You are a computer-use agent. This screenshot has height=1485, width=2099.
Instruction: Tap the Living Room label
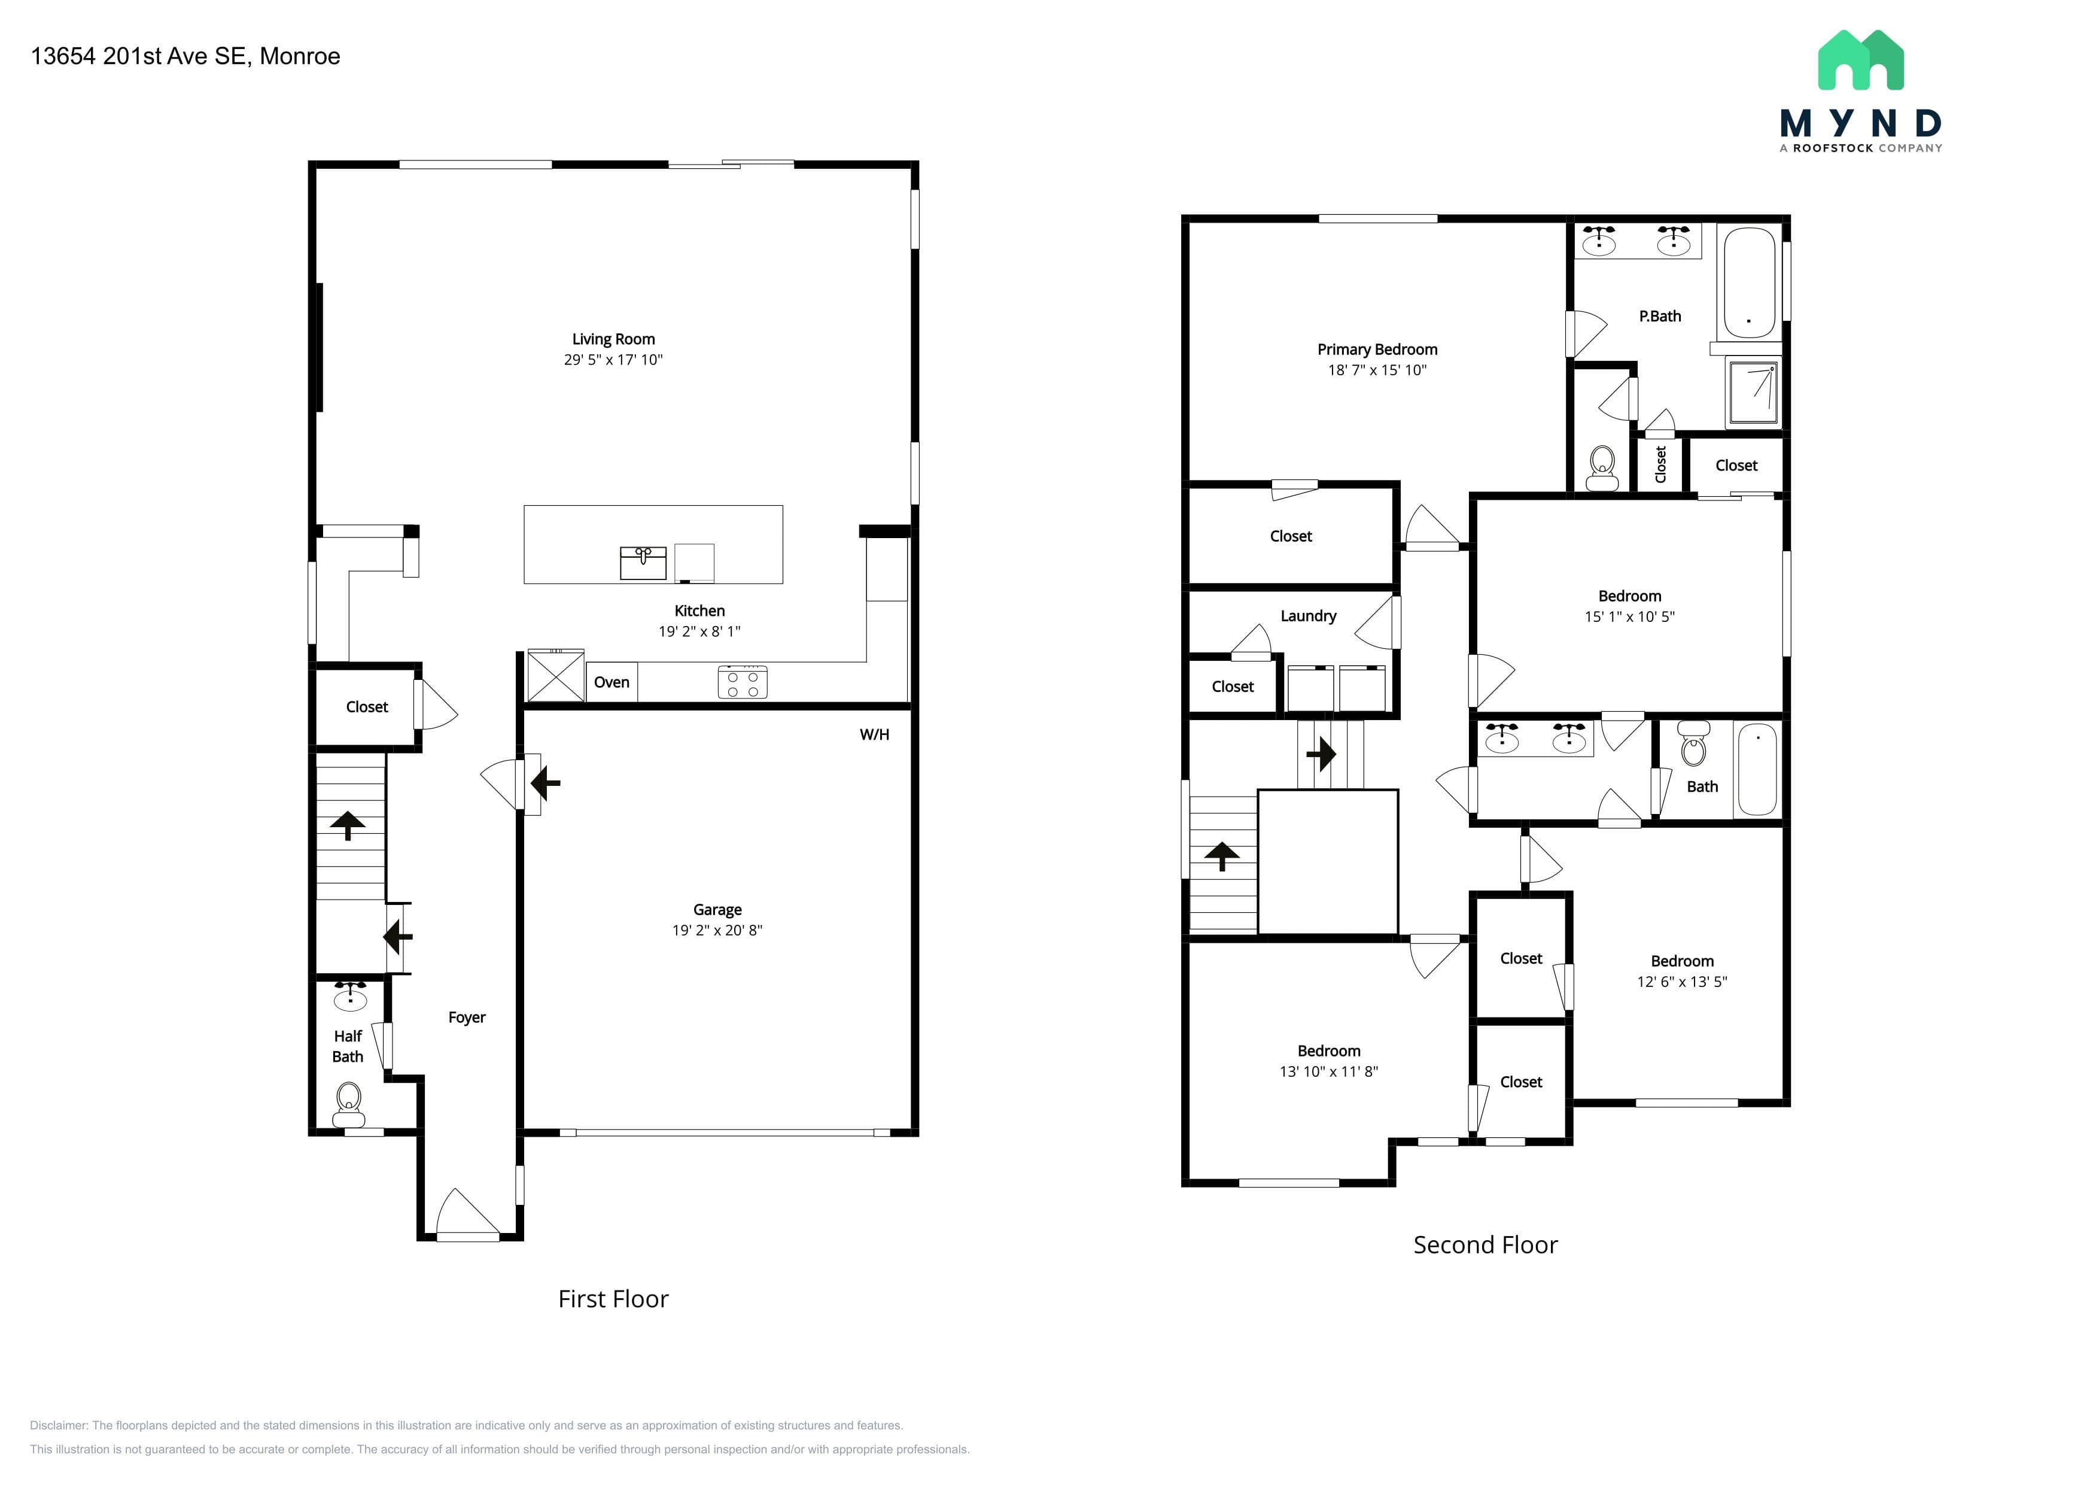pyautogui.click(x=613, y=339)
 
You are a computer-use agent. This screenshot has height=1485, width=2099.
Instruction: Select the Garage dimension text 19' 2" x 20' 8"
pyautogui.click(x=717, y=930)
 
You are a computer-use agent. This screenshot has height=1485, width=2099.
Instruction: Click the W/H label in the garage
pyautogui.click(x=874, y=734)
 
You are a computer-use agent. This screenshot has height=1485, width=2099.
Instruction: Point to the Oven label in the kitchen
pyautogui.click(x=612, y=682)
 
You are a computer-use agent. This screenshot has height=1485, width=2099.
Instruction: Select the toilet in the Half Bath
pyautogui.click(x=348, y=1104)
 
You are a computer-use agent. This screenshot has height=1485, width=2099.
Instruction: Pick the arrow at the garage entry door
pyautogui.click(x=545, y=783)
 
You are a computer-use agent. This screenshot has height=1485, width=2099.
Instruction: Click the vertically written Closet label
pyautogui.click(x=1660, y=464)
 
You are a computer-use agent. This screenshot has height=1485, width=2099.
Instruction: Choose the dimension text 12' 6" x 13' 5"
pyautogui.click(x=1682, y=981)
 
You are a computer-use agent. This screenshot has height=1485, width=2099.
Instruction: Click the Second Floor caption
pyautogui.click(x=1486, y=1244)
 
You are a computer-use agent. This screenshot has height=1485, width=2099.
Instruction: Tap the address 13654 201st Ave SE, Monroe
pyautogui.click(x=185, y=56)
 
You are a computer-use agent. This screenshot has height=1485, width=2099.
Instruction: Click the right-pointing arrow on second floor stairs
pyautogui.click(x=1321, y=754)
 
